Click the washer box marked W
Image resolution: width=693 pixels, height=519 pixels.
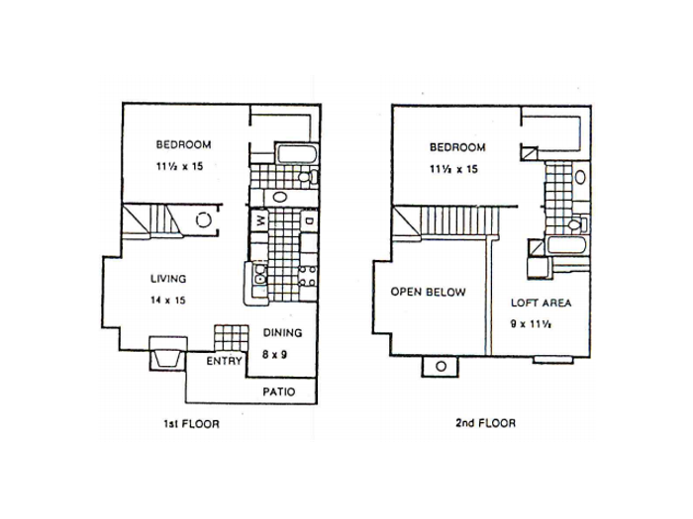pos(259,219)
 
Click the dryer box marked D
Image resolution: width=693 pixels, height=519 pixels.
pos(309,220)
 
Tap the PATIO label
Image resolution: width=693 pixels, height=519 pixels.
pos(279,391)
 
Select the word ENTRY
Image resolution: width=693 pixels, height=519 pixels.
pos(224,361)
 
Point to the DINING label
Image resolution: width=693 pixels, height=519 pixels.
pos(283,333)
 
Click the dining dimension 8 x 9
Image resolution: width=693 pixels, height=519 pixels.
pos(274,354)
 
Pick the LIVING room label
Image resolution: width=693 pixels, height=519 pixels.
pos(168,279)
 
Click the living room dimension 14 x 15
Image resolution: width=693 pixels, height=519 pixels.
pos(168,301)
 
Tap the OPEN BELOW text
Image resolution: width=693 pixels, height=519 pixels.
pos(428,292)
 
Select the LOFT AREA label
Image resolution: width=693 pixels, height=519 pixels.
pos(541,303)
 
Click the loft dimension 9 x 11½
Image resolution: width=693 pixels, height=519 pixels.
pos(531,324)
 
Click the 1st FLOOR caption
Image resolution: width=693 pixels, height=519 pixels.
pos(191,424)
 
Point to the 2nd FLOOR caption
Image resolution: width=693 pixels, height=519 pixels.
pos(485,423)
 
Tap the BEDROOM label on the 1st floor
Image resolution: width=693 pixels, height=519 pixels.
pos(183,144)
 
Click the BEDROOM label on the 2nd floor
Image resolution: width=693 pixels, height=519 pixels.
pos(457,147)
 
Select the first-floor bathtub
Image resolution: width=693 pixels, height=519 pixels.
pos(297,154)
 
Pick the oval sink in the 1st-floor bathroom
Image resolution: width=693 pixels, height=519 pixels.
pos(280,197)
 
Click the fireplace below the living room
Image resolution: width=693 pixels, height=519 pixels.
pos(168,353)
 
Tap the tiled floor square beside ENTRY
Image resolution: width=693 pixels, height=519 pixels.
pos(231,338)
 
